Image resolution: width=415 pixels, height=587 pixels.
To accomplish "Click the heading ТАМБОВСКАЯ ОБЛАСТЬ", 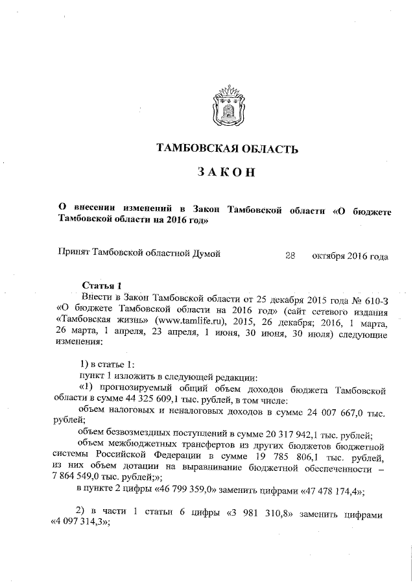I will coord(228,150).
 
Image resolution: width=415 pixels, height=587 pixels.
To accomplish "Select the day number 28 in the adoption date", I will coord(290,256).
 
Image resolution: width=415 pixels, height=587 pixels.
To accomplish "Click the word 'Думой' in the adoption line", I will coord(205,256).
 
